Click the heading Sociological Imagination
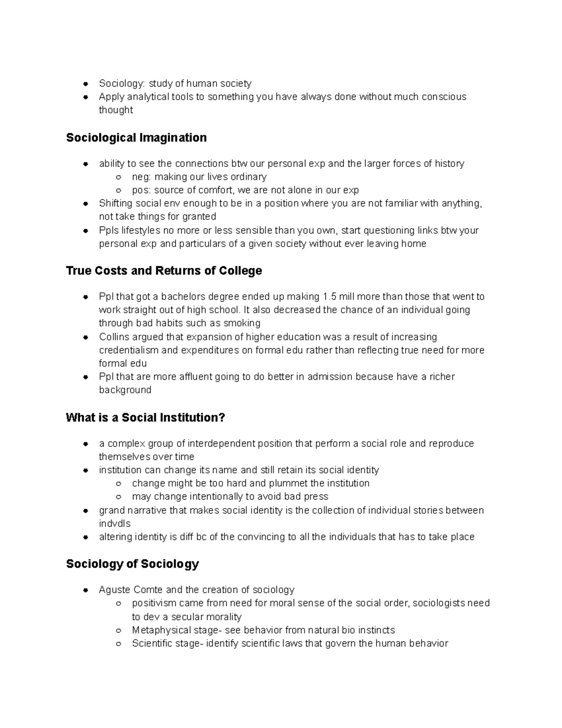click(136, 138)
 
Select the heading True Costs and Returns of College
click(164, 271)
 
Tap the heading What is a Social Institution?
click(146, 418)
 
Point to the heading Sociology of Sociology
click(133, 564)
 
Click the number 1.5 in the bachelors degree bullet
click(329, 297)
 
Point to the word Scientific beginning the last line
click(150, 644)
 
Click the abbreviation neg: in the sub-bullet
click(141, 177)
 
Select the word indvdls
click(115, 524)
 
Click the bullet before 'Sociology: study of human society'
click(86, 84)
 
